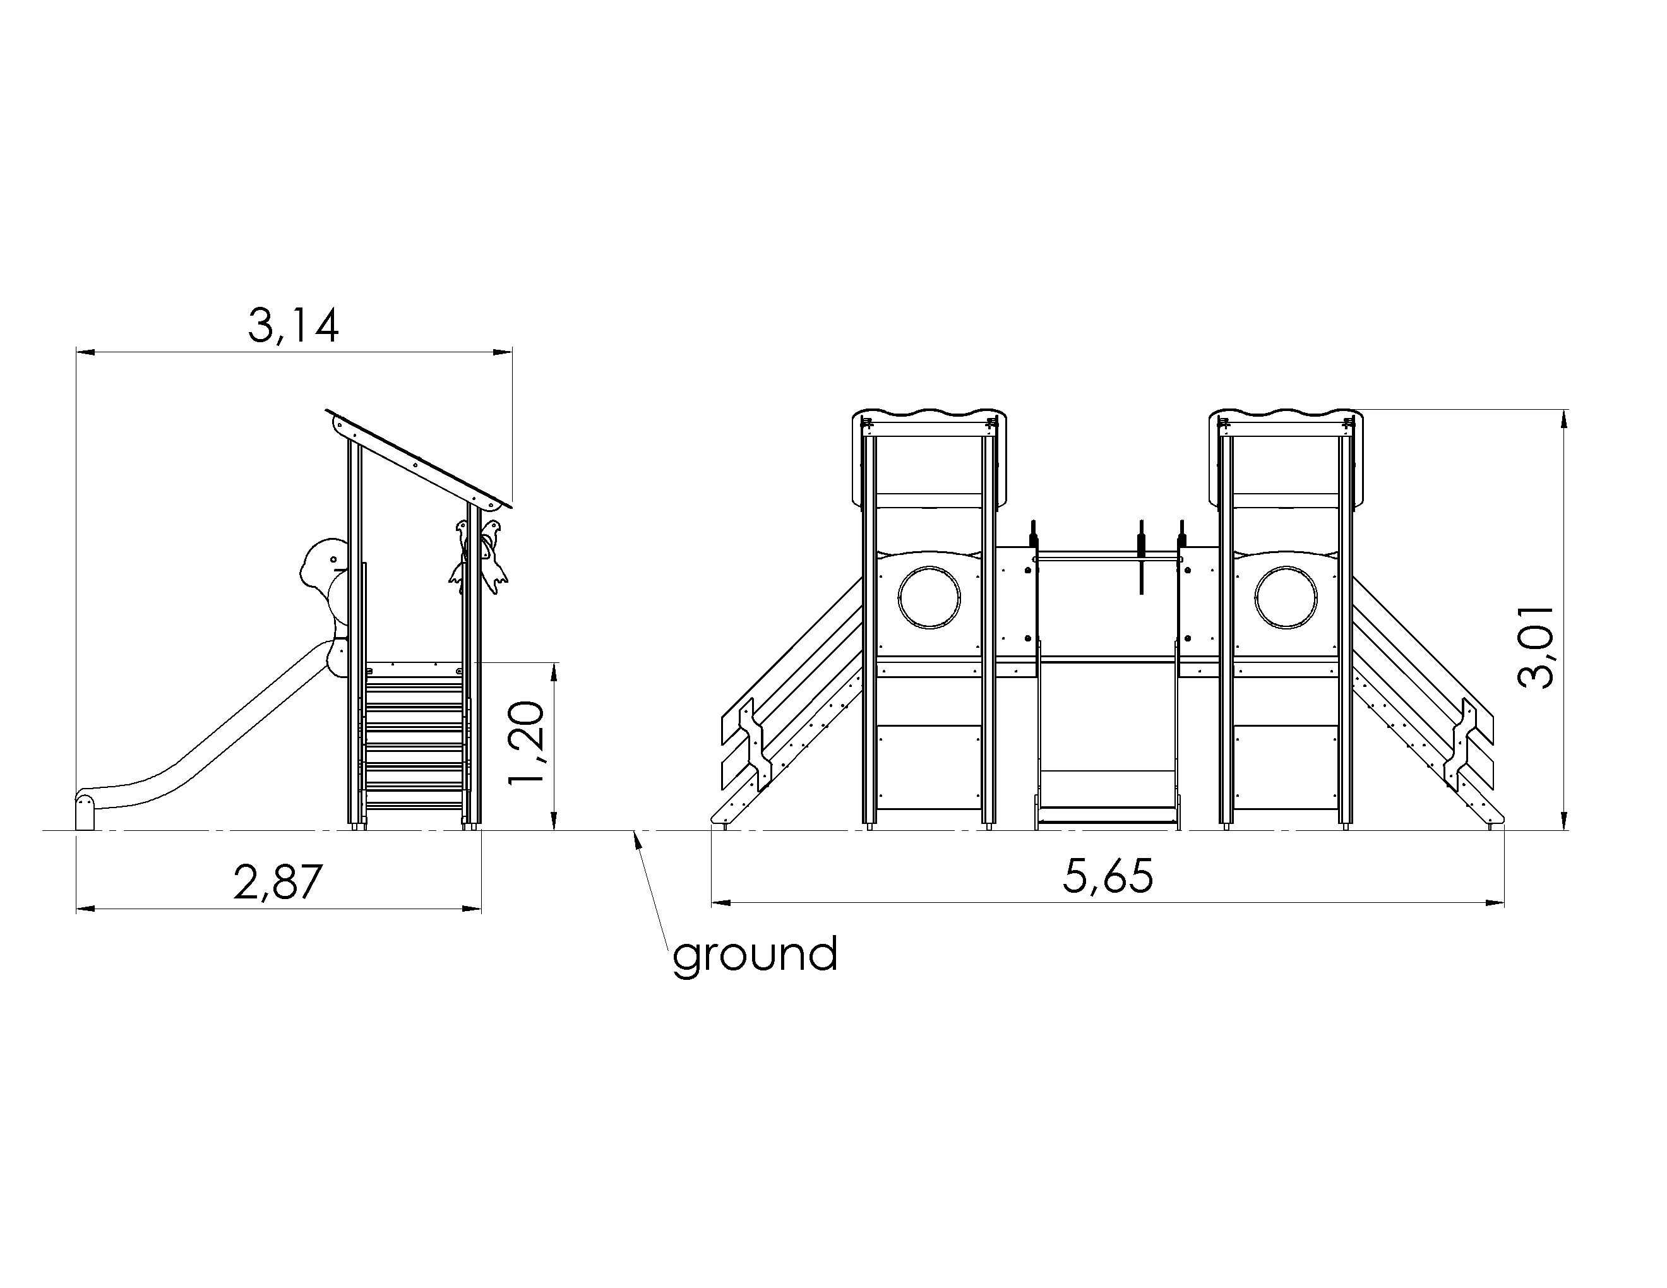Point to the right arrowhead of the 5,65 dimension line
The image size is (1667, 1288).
1495,903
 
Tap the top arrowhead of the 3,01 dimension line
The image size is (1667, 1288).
1564,420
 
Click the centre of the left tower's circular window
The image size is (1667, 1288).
929,597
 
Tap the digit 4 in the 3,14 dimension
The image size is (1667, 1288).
325,326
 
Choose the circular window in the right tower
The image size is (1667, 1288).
1286,597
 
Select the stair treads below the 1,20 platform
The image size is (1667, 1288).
414,744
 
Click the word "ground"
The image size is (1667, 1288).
755,955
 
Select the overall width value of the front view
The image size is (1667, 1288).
1108,876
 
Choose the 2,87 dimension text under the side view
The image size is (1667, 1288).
278,882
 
